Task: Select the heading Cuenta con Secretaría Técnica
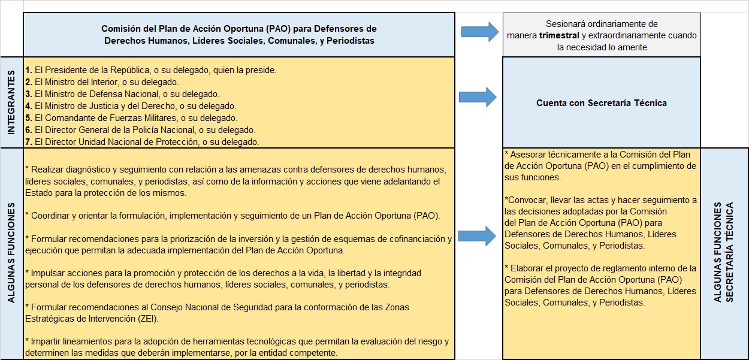pyautogui.click(x=601, y=102)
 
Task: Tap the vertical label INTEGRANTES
pyautogui.click(x=11, y=102)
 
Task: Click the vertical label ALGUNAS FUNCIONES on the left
pyautogui.click(x=11, y=254)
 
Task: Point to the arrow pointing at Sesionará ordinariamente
pyautogui.click(x=480, y=31)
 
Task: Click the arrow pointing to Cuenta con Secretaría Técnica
pyautogui.click(x=477, y=97)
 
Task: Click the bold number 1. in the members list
pyautogui.click(x=28, y=70)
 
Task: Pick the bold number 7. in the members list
pyautogui.click(x=28, y=142)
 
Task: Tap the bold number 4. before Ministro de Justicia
pyautogui.click(x=28, y=106)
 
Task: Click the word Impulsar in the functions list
pyautogui.click(x=48, y=273)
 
